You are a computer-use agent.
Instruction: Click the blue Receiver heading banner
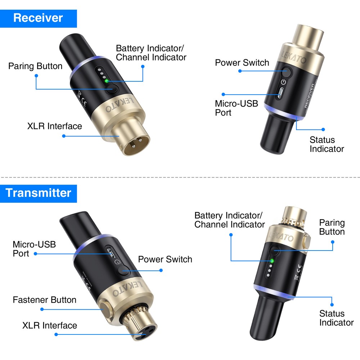point(38,18)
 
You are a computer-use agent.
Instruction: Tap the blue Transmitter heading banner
point(38,193)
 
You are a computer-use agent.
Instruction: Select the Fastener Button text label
point(45,300)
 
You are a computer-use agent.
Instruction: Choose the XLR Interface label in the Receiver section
point(55,126)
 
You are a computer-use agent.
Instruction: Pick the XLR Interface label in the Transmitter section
point(50,325)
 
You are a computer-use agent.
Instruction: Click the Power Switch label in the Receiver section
point(242,63)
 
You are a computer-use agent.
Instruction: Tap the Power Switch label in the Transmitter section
point(165,259)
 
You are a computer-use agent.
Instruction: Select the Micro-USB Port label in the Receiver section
point(237,108)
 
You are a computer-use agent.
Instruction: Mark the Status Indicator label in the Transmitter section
point(337,318)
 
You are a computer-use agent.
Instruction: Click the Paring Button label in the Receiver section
point(35,66)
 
